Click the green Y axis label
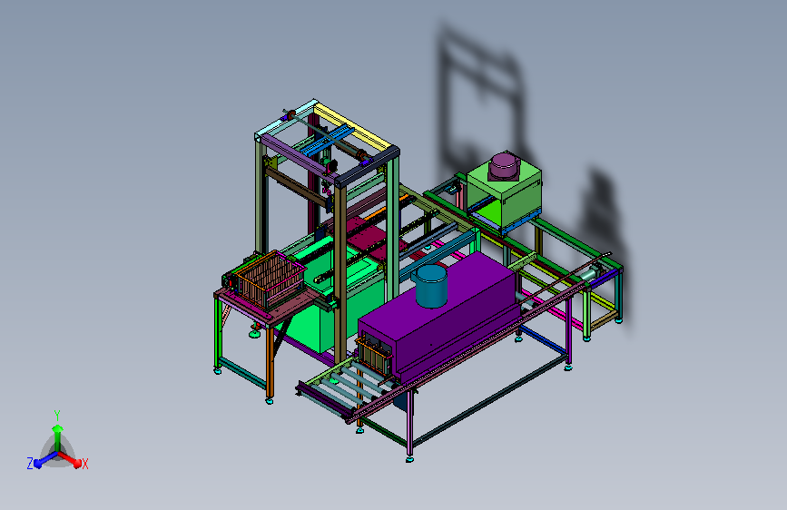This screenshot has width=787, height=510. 57,416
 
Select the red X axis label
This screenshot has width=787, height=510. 84,464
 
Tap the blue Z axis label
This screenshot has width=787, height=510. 30,464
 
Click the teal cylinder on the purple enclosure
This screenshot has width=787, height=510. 429,286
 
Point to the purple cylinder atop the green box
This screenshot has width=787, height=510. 505,166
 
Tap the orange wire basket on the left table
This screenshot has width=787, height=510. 271,280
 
